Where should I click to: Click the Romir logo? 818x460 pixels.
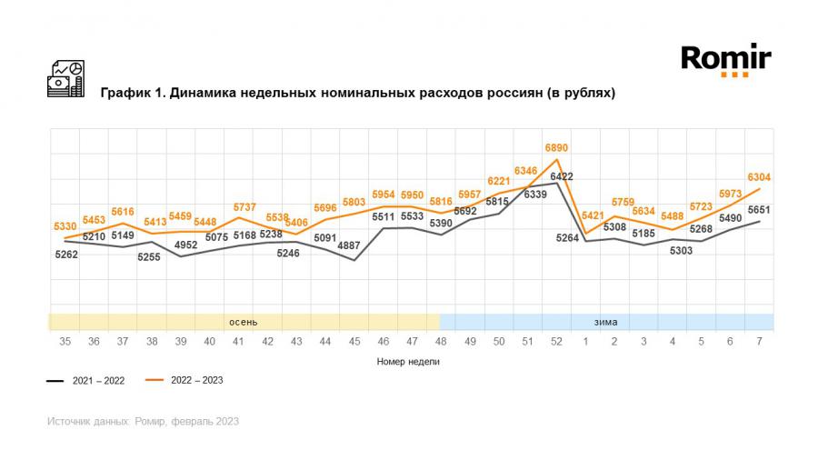[x=726, y=60]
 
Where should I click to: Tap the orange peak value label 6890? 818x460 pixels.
[x=556, y=147]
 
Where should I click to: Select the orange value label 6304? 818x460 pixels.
[x=759, y=178]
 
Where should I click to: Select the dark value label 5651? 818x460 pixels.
[x=759, y=210]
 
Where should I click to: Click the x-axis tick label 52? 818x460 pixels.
[x=556, y=341]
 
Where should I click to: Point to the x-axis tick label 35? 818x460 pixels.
[x=65, y=341]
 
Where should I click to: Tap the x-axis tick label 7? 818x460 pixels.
[x=759, y=341]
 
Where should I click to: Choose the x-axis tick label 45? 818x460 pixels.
[x=354, y=341]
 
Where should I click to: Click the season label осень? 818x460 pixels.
[x=243, y=322]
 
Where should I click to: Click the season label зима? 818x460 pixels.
[x=606, y=322]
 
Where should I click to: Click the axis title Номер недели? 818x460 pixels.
[x=408, y=361]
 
